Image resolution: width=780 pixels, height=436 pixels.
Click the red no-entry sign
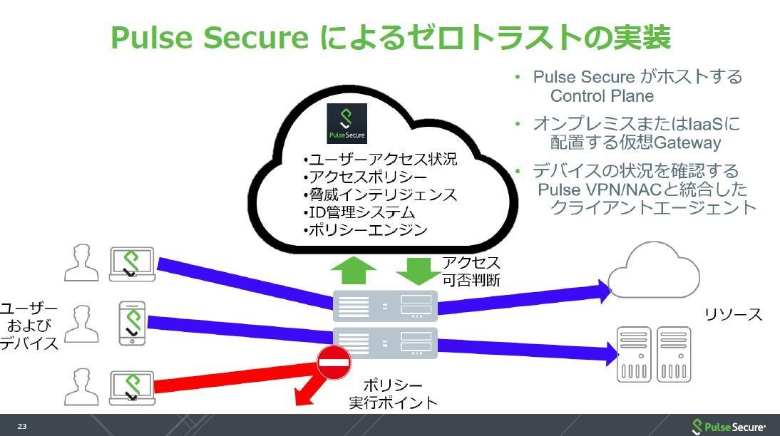pos(334,363)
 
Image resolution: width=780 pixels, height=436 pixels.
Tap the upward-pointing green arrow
pos(353,271)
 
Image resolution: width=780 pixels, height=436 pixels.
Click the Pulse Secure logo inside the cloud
pos(347,123)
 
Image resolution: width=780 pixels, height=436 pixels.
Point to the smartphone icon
pos(133,323)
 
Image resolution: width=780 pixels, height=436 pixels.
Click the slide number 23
pos(22,426)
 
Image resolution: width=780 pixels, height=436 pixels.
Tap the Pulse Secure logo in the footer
pos(729,427)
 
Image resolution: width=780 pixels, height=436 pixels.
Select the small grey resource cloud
pos(654,271)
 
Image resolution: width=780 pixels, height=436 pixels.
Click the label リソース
pos(733,314)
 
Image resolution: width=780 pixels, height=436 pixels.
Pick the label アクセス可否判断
pos(471,271)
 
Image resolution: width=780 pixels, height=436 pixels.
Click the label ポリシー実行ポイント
pos(393,394)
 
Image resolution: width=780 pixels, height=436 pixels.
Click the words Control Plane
pos(602,96)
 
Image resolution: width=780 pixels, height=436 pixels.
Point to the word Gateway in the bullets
pos(687,143)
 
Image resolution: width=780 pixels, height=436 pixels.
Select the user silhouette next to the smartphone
pos(81,323)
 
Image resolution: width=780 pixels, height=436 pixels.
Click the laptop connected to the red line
pos(133,388)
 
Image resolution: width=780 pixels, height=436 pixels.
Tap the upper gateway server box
pos(385,306)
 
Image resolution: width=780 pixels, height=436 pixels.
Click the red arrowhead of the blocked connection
pos(305,395)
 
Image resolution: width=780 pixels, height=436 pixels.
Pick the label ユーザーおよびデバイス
pos(29,326)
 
